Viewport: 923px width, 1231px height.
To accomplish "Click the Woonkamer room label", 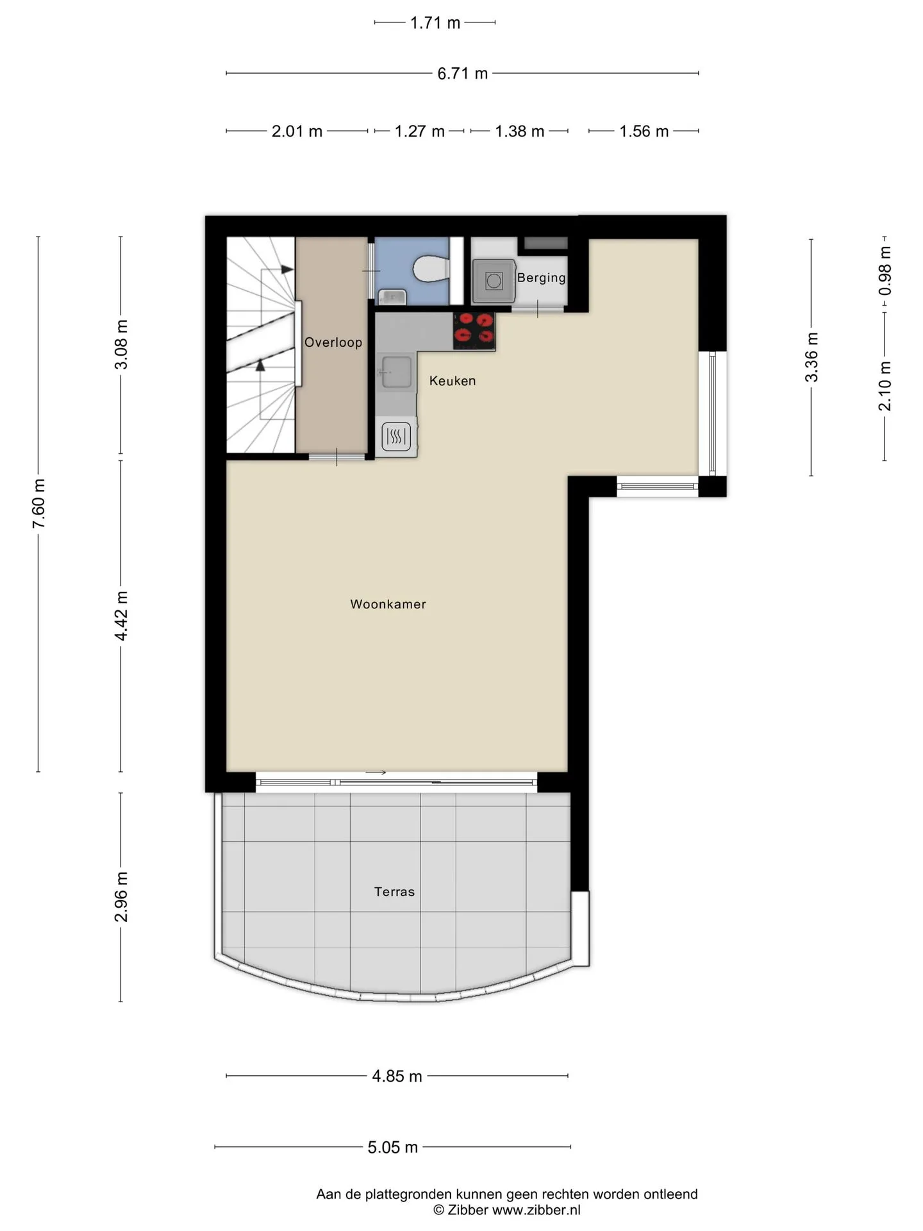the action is tap(388, 604).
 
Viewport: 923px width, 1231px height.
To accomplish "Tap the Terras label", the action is tap(394, 891).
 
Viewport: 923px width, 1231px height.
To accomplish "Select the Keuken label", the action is tap(453, 381).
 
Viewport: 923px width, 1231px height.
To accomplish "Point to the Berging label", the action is tap(542, 278).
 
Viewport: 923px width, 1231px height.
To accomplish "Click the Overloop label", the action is tap(333, 342).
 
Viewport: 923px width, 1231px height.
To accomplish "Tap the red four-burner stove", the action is tap(474, 331).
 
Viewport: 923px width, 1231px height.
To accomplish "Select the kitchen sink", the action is tap(397, 373).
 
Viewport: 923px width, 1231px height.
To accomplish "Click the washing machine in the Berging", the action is tap(494, 280).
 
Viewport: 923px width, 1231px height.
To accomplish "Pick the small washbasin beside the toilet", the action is tap(392, 297).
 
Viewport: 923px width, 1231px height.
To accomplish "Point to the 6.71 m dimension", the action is tap(463, 74).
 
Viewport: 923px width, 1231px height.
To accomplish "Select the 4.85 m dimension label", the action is tap(397, 1076).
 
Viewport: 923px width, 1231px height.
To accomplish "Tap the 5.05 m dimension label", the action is tap(393, 1147).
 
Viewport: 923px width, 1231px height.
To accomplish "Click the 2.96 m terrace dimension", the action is tap(121, 897).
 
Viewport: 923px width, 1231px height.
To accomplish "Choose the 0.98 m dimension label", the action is tap(885, 271).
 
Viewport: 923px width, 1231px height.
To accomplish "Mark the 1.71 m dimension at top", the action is tap(435, 23).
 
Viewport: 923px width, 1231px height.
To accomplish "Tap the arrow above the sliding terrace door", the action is tap(376, 773).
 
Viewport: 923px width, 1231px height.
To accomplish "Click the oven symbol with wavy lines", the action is tap(396, 437).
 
